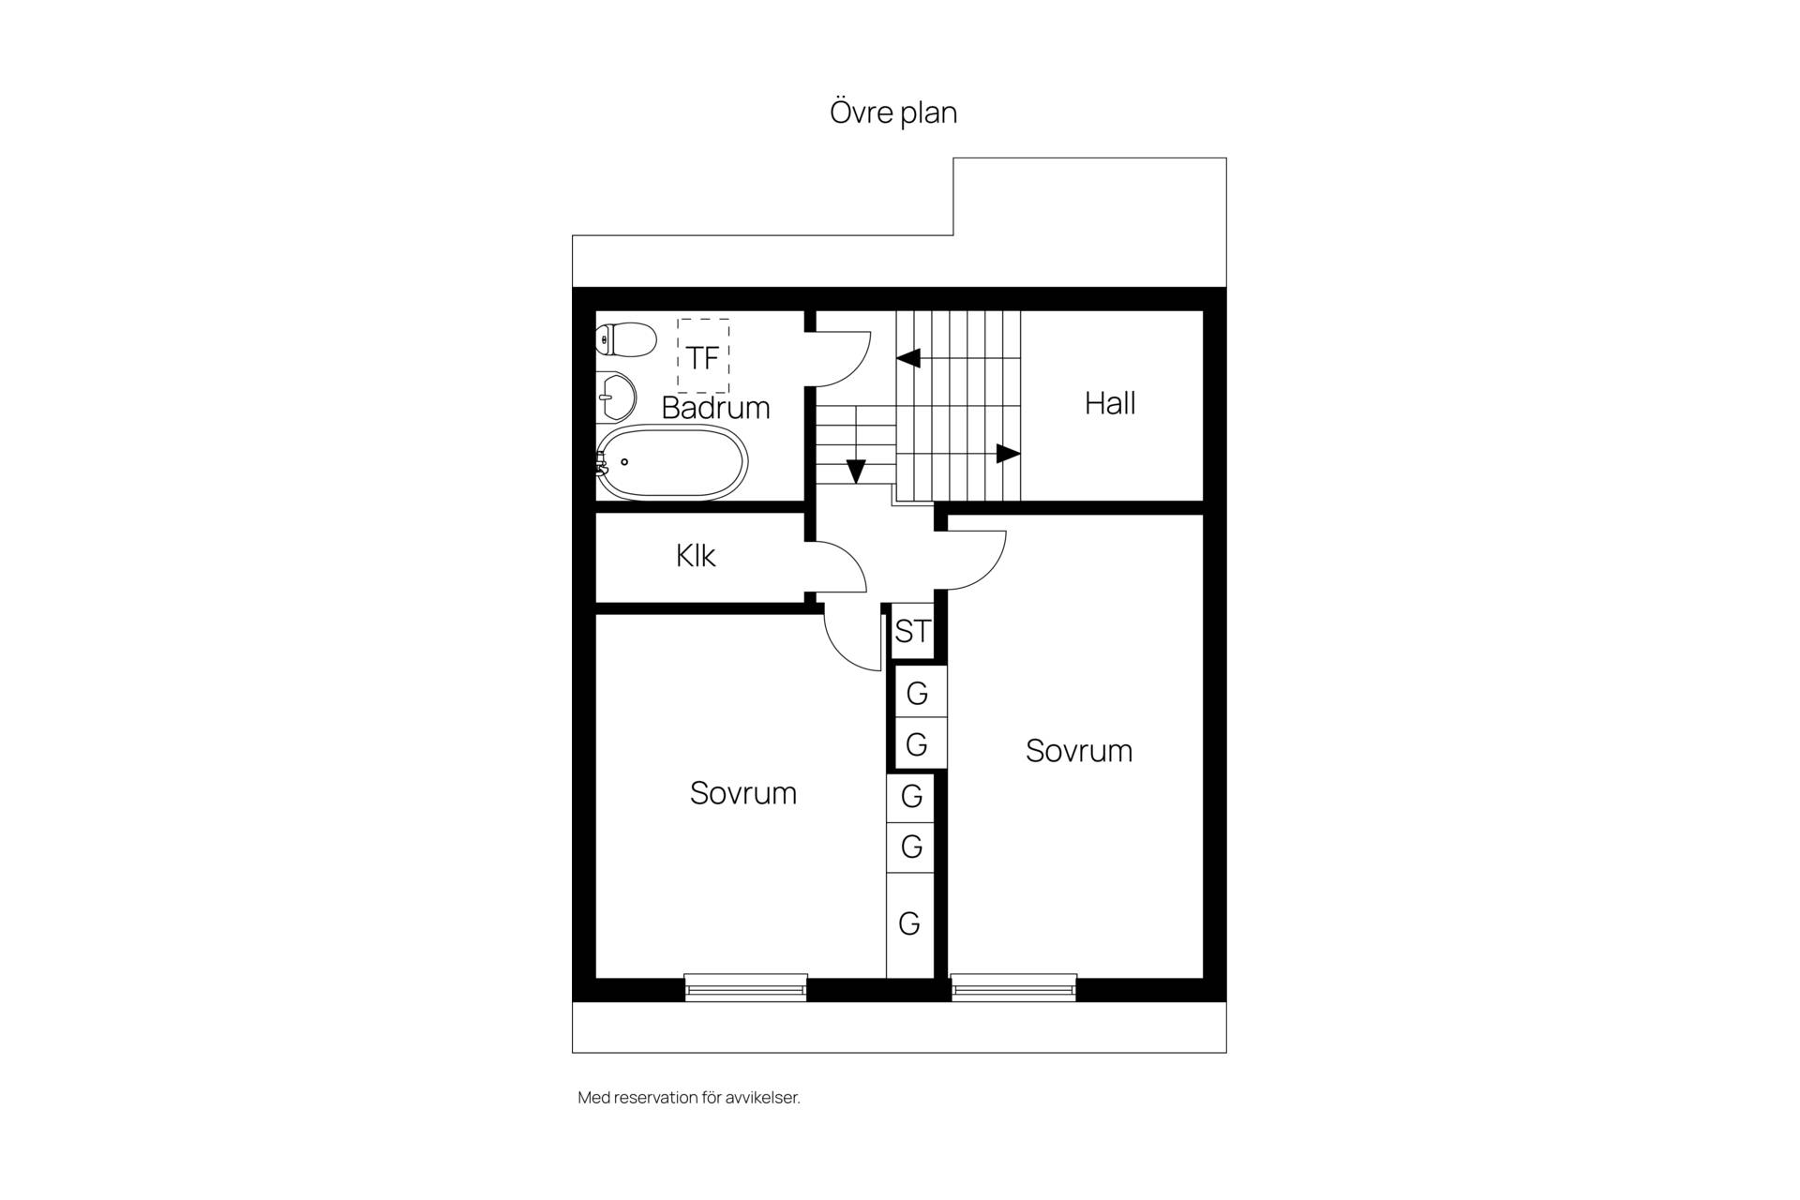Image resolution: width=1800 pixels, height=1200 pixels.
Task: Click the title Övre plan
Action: point(893,112)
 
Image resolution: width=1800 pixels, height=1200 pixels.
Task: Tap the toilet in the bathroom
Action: point(626,339)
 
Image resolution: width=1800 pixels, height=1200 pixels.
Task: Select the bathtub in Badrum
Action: point(672,463)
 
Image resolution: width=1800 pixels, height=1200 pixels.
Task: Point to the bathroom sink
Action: point(616,397)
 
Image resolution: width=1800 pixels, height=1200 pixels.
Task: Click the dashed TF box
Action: point(703,356)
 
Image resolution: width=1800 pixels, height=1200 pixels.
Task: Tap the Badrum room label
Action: point(715,408)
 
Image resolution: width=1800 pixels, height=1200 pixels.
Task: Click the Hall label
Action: point(1110,403)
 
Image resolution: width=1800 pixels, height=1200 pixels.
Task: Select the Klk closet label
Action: point(696,556)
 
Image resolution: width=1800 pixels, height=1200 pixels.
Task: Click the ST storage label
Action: point(912,631)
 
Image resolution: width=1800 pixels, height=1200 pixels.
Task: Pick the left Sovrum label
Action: point(743,793)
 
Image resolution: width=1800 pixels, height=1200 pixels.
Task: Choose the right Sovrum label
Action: point(1079,751)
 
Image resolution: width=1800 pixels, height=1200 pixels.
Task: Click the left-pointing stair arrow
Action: point(908,358)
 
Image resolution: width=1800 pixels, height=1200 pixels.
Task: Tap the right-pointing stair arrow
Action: point(1008,454)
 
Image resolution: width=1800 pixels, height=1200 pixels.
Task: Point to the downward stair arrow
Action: point(855,471)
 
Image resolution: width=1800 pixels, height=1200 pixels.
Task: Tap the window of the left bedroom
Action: point(745,987)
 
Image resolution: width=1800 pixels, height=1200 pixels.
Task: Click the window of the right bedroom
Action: point(1013,987)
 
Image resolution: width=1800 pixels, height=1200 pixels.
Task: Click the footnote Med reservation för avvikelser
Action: point(689,1098)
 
